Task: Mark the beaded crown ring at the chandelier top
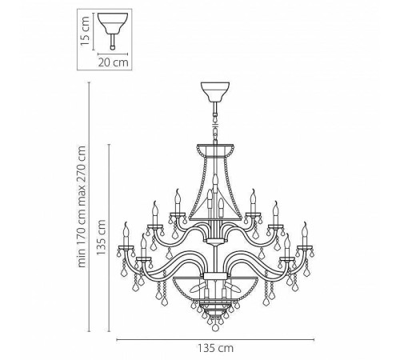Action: point(214,146)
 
